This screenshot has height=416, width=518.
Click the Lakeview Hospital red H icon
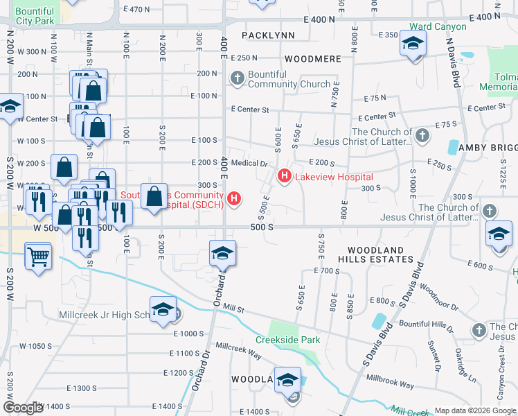click(x=284, y=177)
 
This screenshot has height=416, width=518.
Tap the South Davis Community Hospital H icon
click(x=235, y=200)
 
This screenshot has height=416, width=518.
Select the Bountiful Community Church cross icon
click(x=238, y=78)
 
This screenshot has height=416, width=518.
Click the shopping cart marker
click(x=39, y=256)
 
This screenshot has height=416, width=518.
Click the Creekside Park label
click(x=288, y=340)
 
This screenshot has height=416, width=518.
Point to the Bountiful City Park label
click(x=34, y=16)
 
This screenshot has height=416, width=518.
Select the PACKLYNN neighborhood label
click(x=269, y=35)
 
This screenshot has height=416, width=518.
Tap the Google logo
click(x=23, y=408)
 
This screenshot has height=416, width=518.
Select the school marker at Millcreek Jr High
click(x=163, y=310)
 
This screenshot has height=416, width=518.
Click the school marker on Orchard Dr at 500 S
click(x=222, y=253)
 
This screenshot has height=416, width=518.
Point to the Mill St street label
click(x=235, y=308)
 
